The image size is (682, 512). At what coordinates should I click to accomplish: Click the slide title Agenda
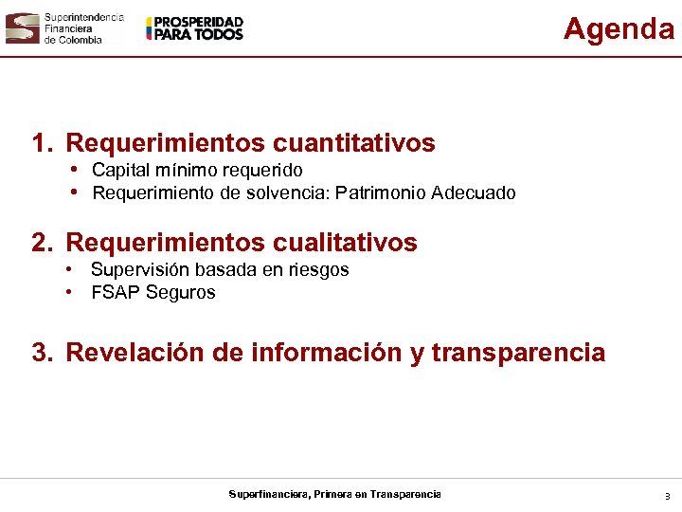[619, 29]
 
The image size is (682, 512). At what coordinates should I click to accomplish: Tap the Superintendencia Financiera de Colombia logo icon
[22, 28]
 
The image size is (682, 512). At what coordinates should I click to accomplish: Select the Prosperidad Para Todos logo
[195, 28]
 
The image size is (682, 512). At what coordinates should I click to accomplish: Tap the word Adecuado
[473, 193]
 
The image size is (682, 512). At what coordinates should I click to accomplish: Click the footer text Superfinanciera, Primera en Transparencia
[334, 494]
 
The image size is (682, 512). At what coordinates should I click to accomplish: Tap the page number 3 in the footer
[667, 496]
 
